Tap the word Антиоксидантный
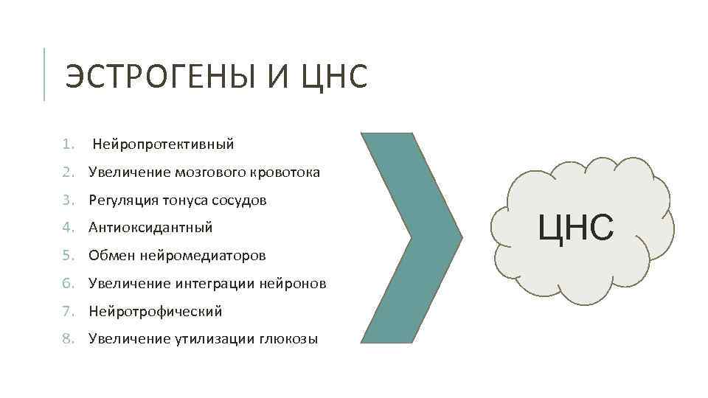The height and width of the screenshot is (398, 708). (x=150, y=228)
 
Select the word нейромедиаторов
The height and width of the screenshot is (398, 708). (x=207, y=256)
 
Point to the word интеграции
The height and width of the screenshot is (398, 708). (x=212, y=284)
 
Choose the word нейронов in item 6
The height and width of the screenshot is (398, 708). (x=293, y=284)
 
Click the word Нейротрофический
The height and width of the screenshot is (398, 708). (x=155, y=312)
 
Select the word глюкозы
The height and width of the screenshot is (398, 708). (x=288, y=340)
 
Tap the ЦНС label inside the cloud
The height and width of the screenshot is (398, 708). (x=575, y=226)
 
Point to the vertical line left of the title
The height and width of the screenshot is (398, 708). (x=45, y=74)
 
